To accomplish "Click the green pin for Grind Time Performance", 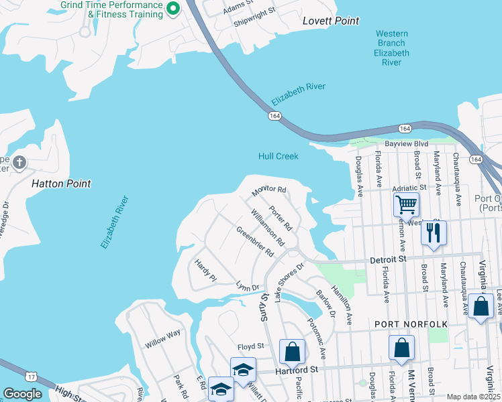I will click(172, 9).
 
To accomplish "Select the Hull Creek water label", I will click(278, 156).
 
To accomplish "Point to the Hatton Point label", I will click(61, 183).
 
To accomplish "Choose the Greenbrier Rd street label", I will click(255, 242).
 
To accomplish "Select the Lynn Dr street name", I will click(247, 287).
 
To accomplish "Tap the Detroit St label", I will click(389, 259).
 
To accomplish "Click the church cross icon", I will click(19, 162).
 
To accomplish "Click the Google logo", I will click(22, 394).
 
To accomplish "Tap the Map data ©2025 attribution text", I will click(472, 397).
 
